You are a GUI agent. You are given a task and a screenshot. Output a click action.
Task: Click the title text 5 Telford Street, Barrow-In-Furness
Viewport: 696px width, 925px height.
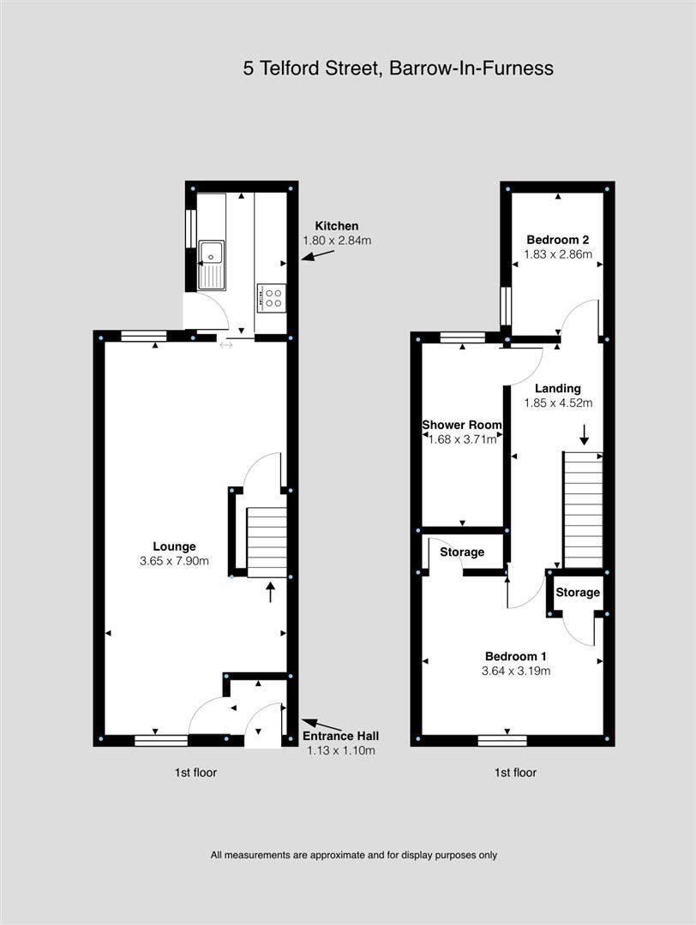398,69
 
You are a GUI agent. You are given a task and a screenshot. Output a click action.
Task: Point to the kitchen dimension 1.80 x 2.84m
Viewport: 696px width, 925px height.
337,241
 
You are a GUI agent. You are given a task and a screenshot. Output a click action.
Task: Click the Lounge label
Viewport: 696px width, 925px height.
174,546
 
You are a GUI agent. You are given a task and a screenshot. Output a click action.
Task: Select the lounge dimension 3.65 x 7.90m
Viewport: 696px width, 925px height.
174,561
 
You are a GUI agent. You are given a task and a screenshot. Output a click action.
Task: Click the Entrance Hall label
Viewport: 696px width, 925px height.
341,736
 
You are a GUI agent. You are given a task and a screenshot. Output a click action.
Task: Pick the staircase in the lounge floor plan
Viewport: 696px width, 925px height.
267,541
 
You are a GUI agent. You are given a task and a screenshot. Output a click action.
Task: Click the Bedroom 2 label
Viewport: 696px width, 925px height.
557,240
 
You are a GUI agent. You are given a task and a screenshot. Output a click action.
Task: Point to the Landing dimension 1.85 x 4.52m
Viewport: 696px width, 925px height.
558,403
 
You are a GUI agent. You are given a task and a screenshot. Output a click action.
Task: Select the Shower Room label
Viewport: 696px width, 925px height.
462,425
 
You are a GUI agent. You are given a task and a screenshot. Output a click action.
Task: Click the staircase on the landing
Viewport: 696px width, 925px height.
582,509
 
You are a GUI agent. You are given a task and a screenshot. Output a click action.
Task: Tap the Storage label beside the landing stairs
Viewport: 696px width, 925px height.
578,593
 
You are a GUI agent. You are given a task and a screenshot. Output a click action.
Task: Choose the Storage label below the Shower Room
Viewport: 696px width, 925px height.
462,552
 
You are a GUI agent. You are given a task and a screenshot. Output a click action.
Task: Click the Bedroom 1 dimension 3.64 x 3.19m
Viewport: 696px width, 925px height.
515,671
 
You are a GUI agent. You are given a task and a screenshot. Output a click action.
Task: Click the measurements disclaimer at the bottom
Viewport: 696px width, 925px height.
354,855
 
